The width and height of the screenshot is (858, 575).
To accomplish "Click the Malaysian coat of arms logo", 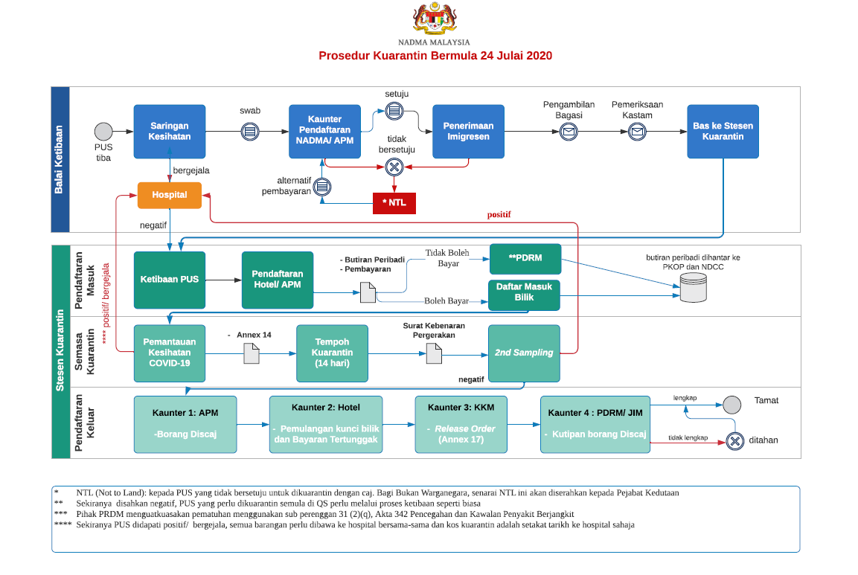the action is [435, 19].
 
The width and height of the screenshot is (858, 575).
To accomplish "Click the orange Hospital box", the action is [170, 196].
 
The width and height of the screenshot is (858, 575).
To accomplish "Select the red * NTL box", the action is [394, 203].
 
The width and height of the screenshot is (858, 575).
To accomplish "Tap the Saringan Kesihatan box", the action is [170, 132].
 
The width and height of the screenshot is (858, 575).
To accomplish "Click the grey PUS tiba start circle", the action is [103, 132].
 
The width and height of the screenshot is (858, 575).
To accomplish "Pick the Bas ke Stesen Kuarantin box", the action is [723, 132].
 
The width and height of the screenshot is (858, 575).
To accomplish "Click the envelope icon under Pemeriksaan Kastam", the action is [637, 132].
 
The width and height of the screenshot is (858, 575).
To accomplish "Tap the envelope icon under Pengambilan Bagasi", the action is [569, 132].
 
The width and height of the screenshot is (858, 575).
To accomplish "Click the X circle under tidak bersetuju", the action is [394, 167].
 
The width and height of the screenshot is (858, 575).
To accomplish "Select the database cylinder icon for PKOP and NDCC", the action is [694, 288].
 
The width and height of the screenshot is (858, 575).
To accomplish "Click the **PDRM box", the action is [525, 259].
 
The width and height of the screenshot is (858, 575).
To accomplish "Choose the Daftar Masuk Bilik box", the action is [524, 295].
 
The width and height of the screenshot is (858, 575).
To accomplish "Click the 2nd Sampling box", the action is [524, 353].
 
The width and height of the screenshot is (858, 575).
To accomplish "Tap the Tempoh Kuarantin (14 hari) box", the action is [332, 353].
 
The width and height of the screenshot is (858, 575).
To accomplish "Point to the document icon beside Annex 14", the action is [252, 353].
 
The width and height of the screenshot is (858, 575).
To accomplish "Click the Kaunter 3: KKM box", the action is [461, 425].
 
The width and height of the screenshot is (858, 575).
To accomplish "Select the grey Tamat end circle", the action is [731, 405].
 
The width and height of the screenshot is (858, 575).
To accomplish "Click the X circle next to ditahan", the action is [735, 441].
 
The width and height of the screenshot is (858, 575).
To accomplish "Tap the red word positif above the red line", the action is [499, 214].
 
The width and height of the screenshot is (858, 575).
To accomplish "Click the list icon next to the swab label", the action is [250, 132].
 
